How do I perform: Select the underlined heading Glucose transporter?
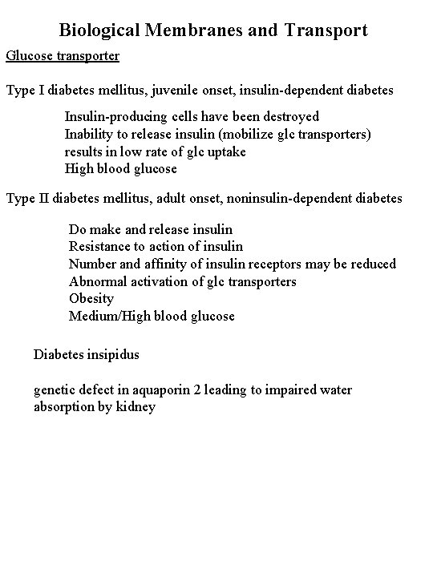pyautogui.click(x=63, y=56)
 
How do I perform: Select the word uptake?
pyautogui.click(x=225, y=151)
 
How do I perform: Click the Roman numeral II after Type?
pyautogui.click(x=45, y=197)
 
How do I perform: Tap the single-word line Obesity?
pyautogui.click(x=91, y=299)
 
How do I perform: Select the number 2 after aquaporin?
pyautogui.click(x=206, y=390)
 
